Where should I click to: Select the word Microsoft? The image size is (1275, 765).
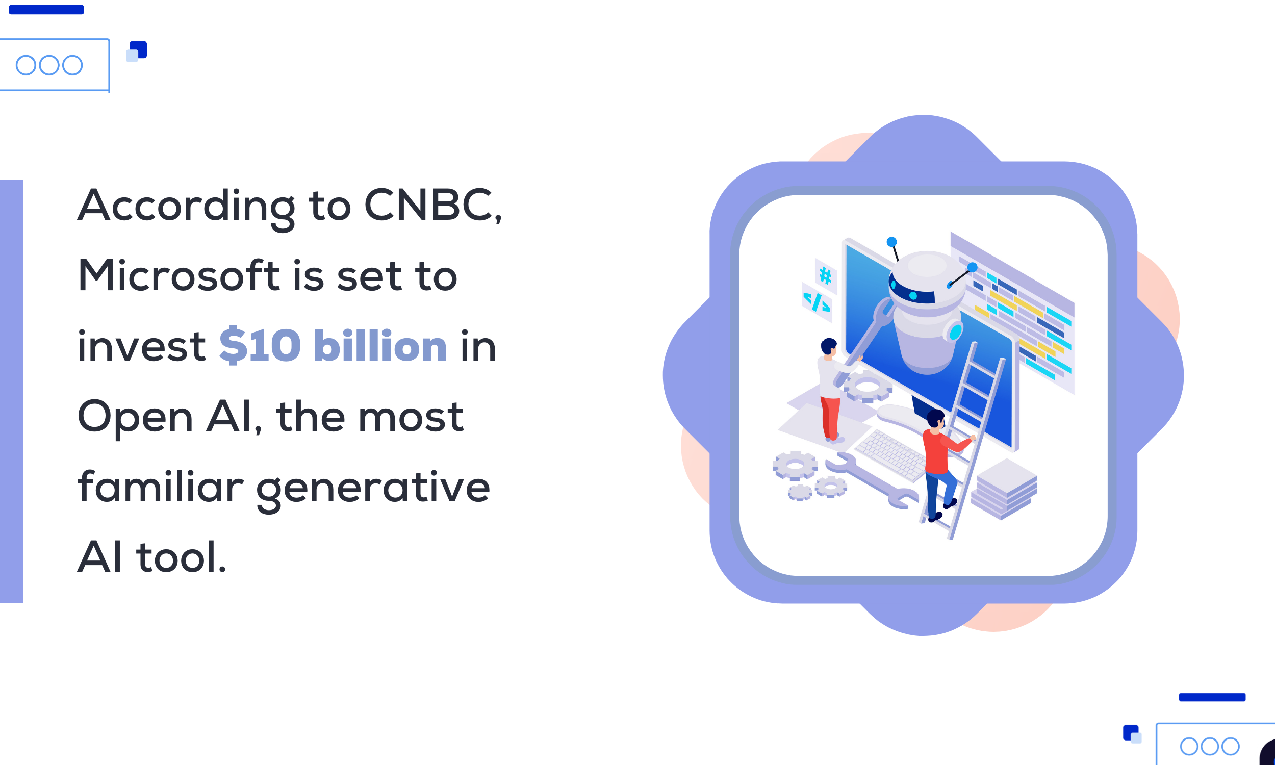click(179, 276)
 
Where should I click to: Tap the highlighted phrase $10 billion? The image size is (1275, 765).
click(333, 346)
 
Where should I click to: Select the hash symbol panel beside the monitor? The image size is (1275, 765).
click(826, 276)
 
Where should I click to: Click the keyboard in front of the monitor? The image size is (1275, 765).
click(889, 455)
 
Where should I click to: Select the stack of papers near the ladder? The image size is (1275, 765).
click(1004, 489)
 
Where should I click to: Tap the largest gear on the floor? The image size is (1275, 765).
click(795, 466)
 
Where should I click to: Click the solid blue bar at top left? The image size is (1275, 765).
click(46, 10)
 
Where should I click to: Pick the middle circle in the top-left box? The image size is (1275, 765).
click(49, 65)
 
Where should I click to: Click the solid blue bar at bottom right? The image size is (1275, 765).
click(1212, 698)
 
